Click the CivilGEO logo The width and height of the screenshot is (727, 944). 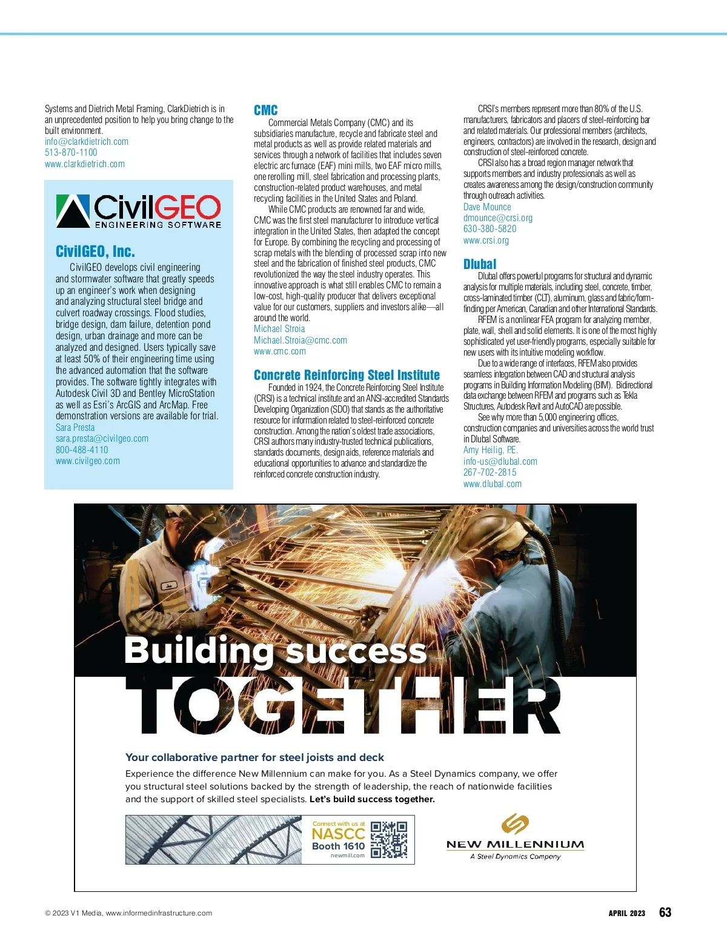(x=139, y=211)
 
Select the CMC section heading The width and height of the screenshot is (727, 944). (x=265, y=110)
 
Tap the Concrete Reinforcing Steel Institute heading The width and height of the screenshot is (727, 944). (x=347, y=375)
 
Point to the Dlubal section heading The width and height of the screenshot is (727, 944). (x=479, y=264)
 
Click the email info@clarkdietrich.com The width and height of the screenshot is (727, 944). (x=87, y=142)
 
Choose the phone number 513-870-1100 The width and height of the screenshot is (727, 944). (x=71, y=153)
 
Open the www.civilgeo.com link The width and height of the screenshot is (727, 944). (x=88, y=461)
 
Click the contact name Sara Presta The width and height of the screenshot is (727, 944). (x=75, y=427)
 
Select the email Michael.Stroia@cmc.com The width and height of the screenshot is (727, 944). (x=300, y=341)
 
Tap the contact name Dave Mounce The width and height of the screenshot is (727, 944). (x=487, y=207)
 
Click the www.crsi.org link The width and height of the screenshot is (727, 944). (x=486, y=241)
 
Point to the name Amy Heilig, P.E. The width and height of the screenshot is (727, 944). (x=491, y=450)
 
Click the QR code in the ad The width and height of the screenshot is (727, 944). (x=389, y=840)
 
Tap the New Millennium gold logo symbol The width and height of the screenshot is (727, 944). (x=515, y=824)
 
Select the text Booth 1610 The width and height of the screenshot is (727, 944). (x=338, y=846)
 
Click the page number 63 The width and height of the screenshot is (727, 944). (x=665, y=912)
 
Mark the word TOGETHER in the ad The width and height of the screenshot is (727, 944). (x=342, y=706)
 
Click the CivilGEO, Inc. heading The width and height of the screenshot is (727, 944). (x=95, y=251)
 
